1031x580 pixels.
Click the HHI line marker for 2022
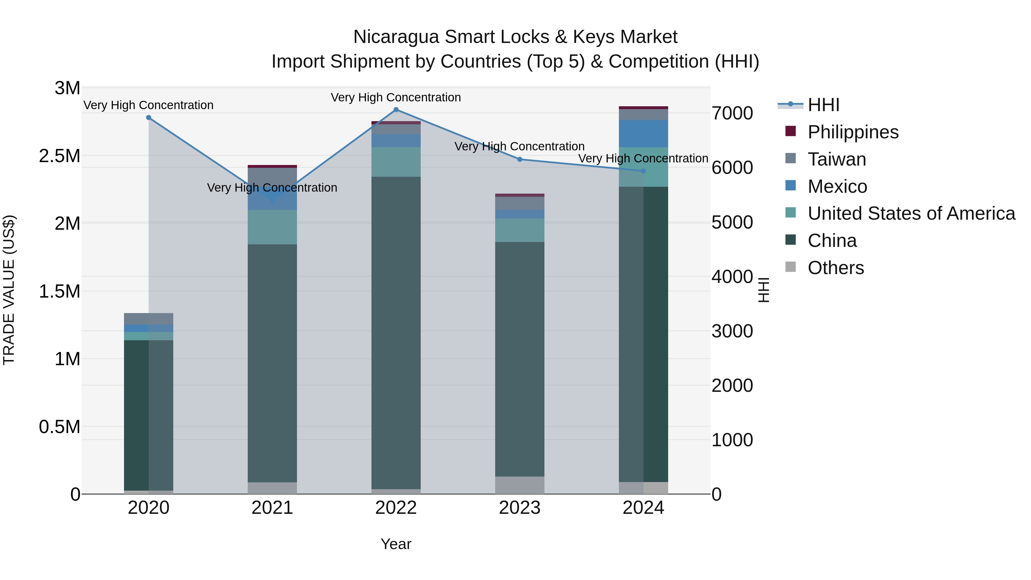[x=396, y=110]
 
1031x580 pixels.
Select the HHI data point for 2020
[x=148, y=118]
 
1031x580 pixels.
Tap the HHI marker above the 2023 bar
[x=520, y=159]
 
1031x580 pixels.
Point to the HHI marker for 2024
[x=643, y=171]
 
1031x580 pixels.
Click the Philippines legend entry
[x=853, y=132]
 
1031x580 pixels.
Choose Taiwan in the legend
[x=837, y=159]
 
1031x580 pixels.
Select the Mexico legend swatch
[x=790, y=186]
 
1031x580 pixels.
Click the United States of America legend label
[x=911, y=213]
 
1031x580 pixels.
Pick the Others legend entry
[x=835, y=268]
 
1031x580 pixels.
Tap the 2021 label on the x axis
[x=272, y=508]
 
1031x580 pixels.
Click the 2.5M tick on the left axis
[x=60, y=156]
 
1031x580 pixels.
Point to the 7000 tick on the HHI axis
[x=732, y=113]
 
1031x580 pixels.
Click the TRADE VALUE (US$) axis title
[x=9, y=290]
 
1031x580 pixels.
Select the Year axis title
[x=396, y=544]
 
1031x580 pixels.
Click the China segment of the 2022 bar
[x=396, y=332]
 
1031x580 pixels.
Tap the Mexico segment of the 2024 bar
[x=643, y=134]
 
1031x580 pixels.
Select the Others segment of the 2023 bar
[x=520, y=485]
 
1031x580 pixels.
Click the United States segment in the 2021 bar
[x=272, y=227]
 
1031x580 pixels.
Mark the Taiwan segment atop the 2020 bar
[x=148, y=318]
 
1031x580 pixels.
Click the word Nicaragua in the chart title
[x=396, y=37]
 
